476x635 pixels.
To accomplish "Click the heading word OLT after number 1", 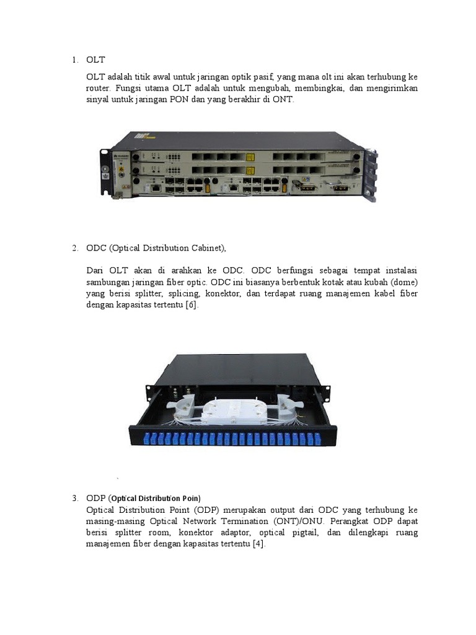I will click(95, 60).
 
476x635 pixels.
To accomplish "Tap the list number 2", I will click(74, 248).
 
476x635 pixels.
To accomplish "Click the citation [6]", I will click(192, 306).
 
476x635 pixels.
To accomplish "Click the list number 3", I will click(74, 498).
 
